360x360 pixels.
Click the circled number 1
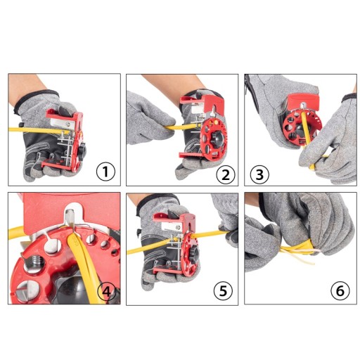point(105,172)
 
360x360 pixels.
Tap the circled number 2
point(225,174)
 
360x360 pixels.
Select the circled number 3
point(259,174)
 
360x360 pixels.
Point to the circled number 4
point(107,292)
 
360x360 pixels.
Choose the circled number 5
point(223,291)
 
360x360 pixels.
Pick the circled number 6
point(340,290)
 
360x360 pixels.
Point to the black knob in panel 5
point(195,254)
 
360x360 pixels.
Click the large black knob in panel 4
point(70,290)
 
